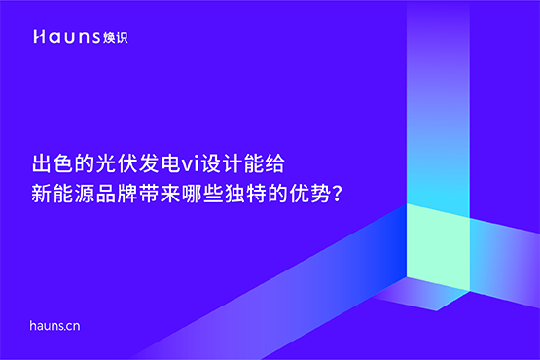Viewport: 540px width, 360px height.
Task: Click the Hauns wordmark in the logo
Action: coord(60,36)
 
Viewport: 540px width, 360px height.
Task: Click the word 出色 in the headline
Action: coord(53,162)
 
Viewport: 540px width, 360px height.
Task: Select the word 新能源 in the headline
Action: coord(63,190)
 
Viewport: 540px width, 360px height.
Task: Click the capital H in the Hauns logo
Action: coord(38,36)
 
